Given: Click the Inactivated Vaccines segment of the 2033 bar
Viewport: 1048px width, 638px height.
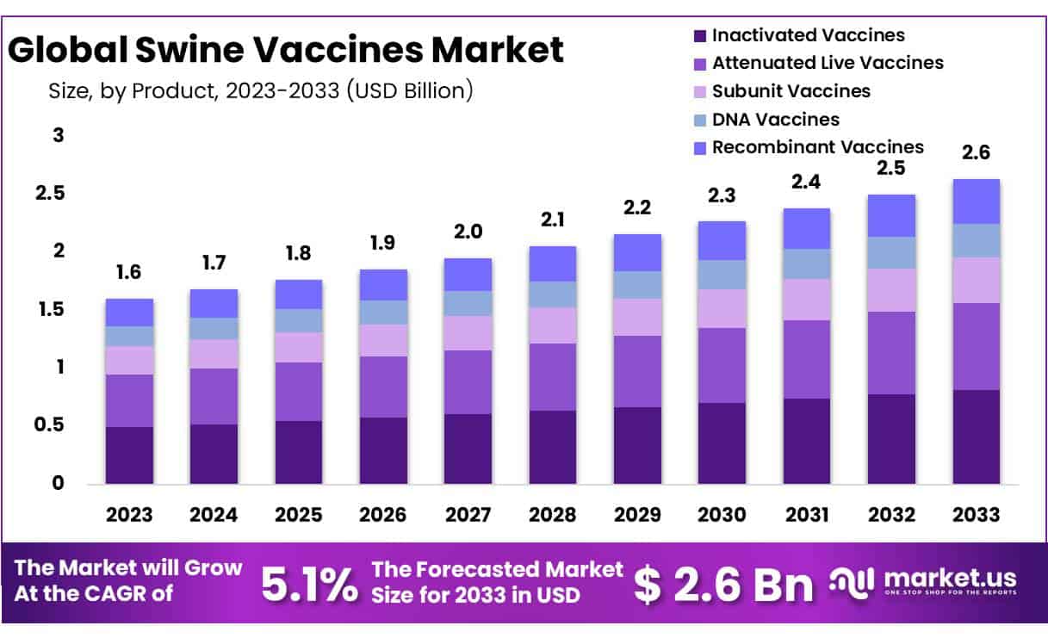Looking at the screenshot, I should pos(976,437).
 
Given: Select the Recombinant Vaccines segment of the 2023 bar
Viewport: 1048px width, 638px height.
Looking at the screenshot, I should pos(129,313).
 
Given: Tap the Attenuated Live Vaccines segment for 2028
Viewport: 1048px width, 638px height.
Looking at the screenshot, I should pos(553,377).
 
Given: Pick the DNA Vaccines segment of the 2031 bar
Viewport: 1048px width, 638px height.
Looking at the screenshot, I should pos(807,263).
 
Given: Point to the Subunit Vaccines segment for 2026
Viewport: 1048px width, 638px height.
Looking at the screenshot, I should pos(383,340).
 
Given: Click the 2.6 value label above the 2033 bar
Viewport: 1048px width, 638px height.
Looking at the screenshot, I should pos(976,153).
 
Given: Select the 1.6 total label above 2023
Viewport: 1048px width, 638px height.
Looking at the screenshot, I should pos(129,273).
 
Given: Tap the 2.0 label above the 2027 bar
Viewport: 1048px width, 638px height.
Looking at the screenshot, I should pos(468,232).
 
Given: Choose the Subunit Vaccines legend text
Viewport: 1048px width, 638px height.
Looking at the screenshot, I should pos(791,90).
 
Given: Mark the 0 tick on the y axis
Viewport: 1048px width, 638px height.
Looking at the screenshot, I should pos(59,483).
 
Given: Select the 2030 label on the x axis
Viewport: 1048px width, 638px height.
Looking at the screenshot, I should pos(722,515).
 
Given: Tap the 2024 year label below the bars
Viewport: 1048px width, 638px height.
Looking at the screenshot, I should pos(214,515).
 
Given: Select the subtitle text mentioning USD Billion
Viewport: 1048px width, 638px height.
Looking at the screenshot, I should pos(260,90).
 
